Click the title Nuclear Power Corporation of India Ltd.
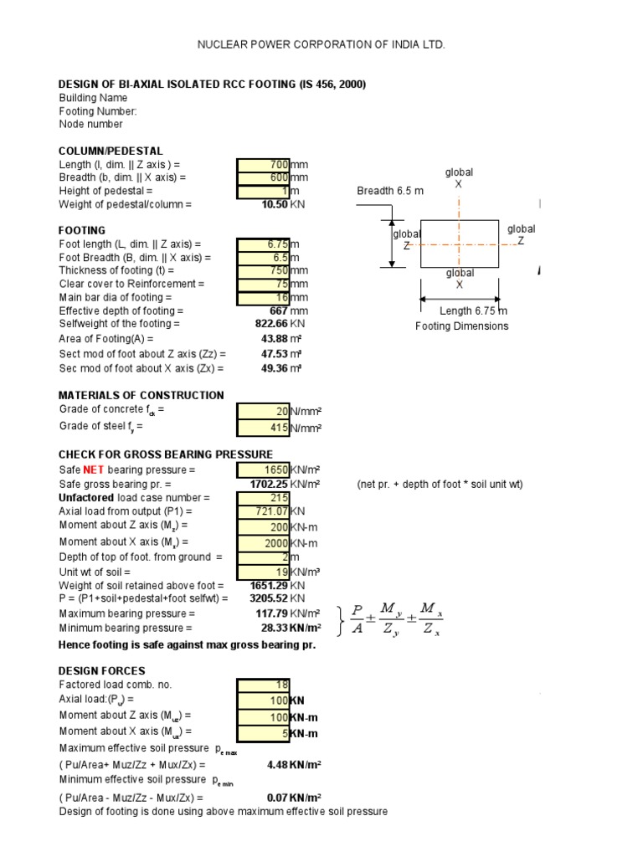tap(321, 44)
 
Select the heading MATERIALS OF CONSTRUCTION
tap(141, 395)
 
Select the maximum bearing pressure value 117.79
tap(272, 613)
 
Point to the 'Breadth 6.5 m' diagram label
tap(390, 191)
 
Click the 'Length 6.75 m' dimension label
tap(474, 311)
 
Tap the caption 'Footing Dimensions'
tap(461, 326)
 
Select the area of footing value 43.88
tap(275, 339)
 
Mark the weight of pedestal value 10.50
tap(275, 204)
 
